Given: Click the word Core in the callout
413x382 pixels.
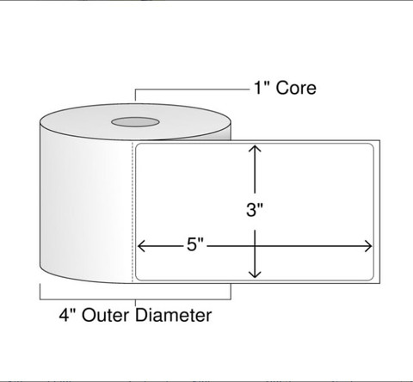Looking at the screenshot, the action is click(x=296, y=88).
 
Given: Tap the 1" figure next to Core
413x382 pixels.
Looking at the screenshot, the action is click(x=261, y=87).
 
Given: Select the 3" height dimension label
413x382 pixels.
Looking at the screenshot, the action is click(x=255, y=209).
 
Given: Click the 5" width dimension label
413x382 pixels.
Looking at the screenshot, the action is click(x=195, y=244).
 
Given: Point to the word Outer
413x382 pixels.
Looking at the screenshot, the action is click(x=105, y=315).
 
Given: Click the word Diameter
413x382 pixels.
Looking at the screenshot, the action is click(x=173, y=315).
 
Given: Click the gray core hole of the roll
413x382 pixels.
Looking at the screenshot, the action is click(x=135, y=122).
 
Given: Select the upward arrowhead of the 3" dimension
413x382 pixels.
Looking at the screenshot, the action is click(x=255, y=148).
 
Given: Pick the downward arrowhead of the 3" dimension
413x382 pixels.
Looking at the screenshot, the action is click(x=255, y=274).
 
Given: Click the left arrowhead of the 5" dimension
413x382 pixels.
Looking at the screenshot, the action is click(x=141, y=246).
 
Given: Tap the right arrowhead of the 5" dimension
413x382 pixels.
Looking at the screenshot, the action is click(x=368, y=246).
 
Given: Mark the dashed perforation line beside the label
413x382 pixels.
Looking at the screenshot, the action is click(x=133, y=212).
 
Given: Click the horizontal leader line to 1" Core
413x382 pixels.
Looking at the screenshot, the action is click(x=192, y=89).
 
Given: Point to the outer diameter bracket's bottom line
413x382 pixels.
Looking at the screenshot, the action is click(x=135, y=299).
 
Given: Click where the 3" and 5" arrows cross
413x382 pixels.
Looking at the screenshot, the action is click(x=255, y=246).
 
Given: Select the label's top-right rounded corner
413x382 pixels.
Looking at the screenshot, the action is click(x=371, y=146).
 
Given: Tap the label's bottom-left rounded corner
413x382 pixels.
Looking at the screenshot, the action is click(x=138, y=278).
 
